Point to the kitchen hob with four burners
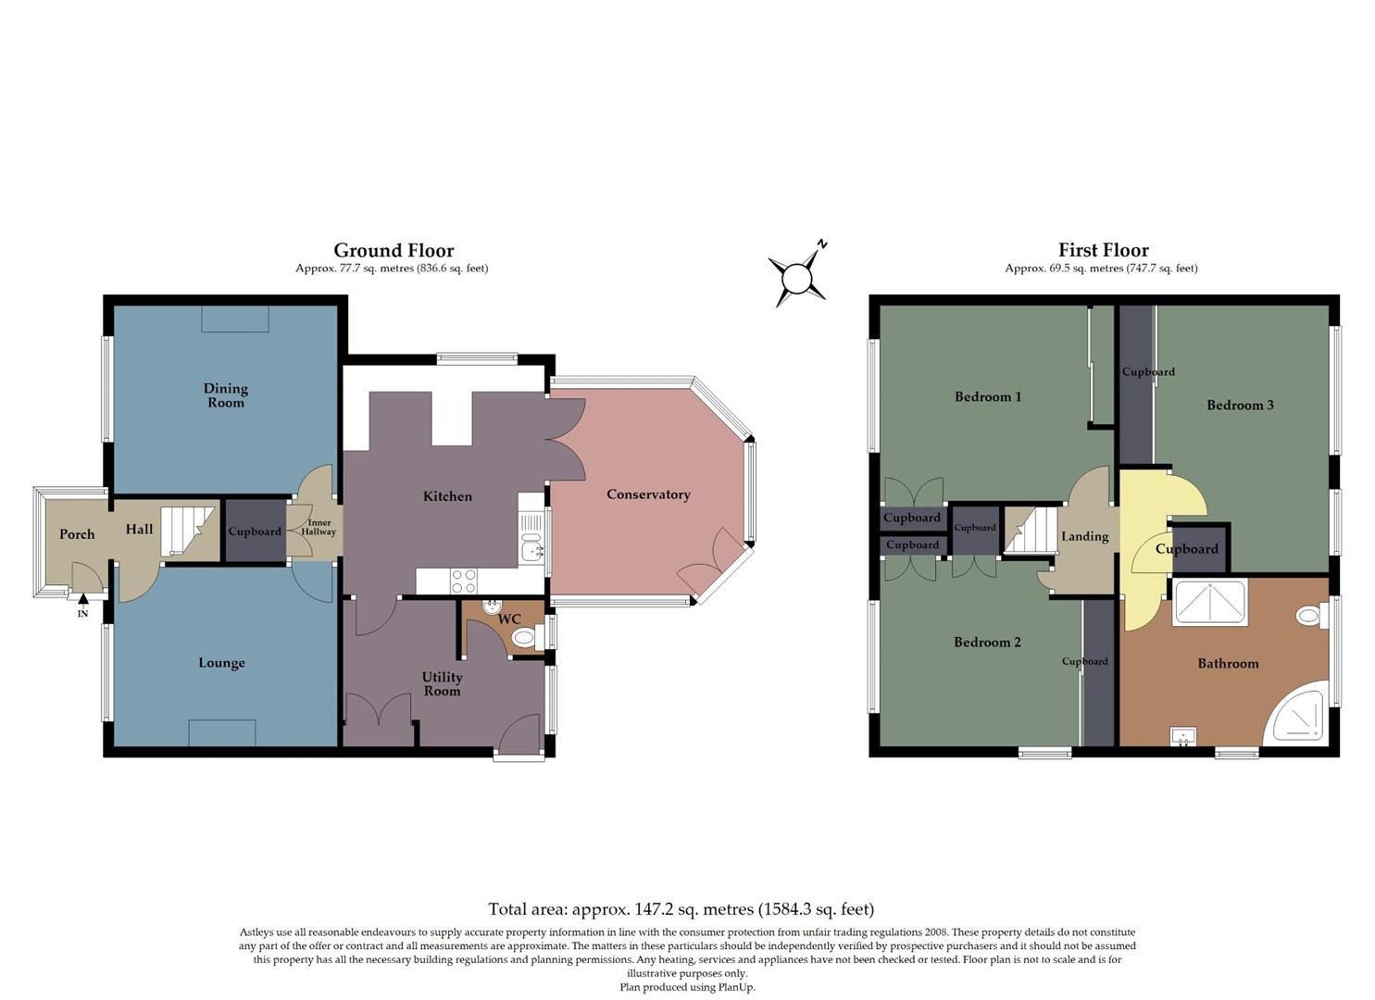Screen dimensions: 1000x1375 (463, 581)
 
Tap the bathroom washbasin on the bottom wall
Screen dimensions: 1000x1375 (1182, 737)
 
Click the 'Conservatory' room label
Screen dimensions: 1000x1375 (648, 494)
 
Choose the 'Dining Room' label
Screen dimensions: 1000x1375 (225, 395)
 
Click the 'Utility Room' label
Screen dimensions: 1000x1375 (442, 684)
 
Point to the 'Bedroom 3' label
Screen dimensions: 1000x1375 (1240, 405)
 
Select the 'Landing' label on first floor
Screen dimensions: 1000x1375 (1084, 536)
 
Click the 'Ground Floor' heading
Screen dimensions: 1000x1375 (394, 250)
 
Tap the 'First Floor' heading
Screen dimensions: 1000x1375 (1103, 250)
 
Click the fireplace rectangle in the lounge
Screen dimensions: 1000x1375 (222, 732)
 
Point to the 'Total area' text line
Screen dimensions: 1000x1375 (681, 909)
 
